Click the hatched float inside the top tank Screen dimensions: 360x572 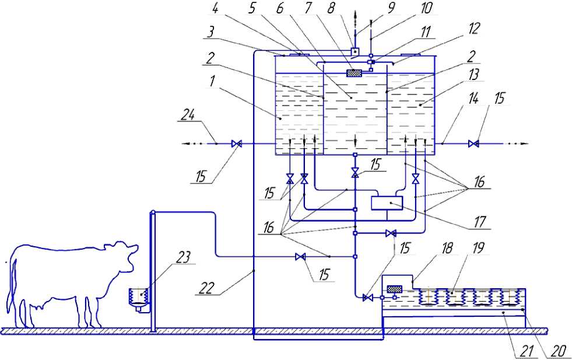(355, 73)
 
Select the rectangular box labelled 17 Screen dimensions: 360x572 (387, 202)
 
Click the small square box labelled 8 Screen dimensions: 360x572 (355, 52)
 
